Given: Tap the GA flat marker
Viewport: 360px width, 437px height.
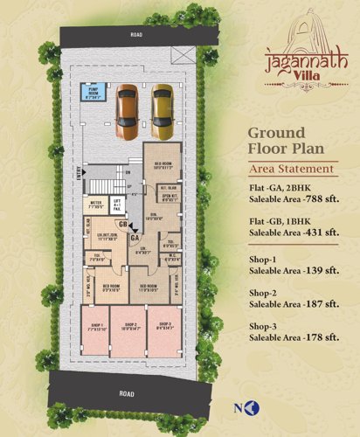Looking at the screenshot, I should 135,236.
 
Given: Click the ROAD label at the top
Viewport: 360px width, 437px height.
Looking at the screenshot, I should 135,36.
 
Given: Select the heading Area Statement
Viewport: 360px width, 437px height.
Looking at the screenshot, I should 292,169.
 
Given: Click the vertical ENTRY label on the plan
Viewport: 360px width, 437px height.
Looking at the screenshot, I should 79,177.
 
